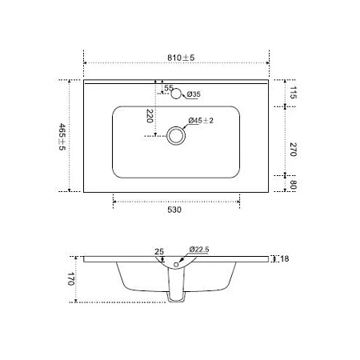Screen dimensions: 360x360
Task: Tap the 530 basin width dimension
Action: [174, 210]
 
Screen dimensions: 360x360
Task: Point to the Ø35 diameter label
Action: [194, 95]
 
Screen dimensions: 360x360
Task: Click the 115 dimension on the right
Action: [293, 94]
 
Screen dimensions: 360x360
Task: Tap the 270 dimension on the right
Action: [293, 149]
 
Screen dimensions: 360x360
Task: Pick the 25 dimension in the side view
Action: [160, 252]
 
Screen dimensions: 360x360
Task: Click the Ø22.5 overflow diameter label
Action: [199, 250]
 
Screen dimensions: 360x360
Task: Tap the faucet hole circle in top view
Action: [178, 94]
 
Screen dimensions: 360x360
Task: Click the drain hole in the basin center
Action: [176, 136]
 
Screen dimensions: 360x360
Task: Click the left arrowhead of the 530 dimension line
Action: [114, 201]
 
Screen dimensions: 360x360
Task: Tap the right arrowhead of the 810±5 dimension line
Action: [275, 64]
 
